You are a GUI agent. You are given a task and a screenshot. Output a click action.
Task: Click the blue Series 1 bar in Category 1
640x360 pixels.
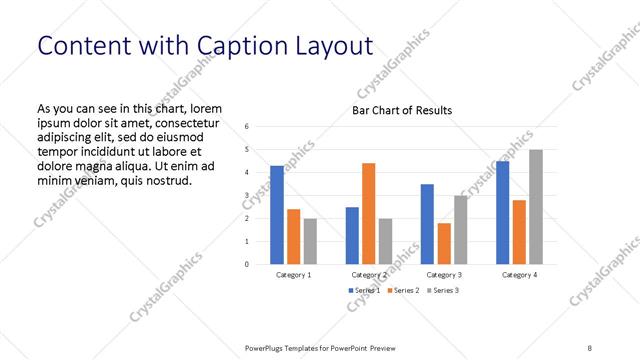[x=277, y=215]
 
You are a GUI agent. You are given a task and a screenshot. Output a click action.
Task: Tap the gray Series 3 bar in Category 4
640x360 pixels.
[x=536, y=207]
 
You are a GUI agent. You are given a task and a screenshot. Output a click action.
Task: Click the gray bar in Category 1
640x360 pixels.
[x=310, y=241]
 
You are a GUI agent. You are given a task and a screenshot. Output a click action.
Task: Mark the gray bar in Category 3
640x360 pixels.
[x=460, y=230]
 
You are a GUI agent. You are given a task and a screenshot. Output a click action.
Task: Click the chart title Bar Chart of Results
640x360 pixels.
[x=401, y=110]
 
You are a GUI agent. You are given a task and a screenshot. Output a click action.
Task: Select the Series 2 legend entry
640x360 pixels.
[x=403, y=290]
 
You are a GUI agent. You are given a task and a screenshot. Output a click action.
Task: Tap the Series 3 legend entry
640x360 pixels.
[x=444, y=290]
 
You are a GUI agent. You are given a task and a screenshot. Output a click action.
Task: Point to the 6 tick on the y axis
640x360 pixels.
[x=247, y=126]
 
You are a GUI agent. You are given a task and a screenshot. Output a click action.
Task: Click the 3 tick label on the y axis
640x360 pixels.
[x=247, y=195]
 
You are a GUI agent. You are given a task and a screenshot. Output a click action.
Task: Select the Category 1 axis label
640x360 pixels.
[x=293, y=274]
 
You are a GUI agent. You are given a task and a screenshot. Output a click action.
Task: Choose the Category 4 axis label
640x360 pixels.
[x=519, y=274]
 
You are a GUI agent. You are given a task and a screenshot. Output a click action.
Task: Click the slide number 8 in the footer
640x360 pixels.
[x=590, y=347]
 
